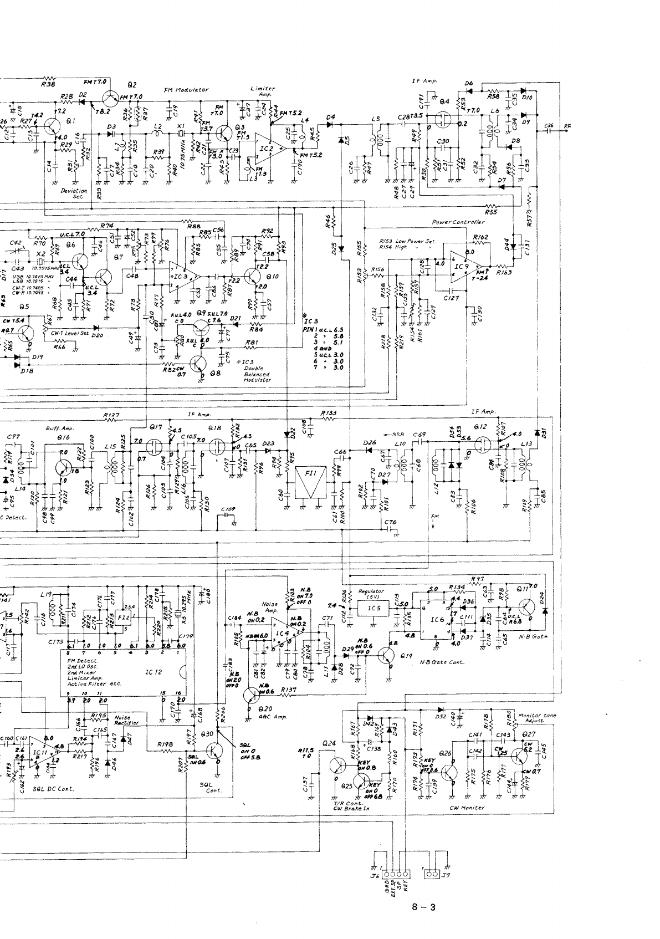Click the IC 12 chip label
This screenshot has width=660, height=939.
(x=153, y=672)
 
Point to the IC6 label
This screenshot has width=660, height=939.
(x=437, y=620)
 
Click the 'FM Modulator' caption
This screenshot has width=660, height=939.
(x=186, y=89)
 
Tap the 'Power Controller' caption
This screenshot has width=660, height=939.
(x=458, y=222)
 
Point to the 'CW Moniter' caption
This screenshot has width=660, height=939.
(x=467, y=808)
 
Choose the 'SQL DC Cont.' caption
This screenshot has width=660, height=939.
(x=54, y=788)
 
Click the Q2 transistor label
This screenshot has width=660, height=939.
(x=131, y=85)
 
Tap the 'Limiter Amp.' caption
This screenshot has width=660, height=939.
(x=263, y=91)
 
